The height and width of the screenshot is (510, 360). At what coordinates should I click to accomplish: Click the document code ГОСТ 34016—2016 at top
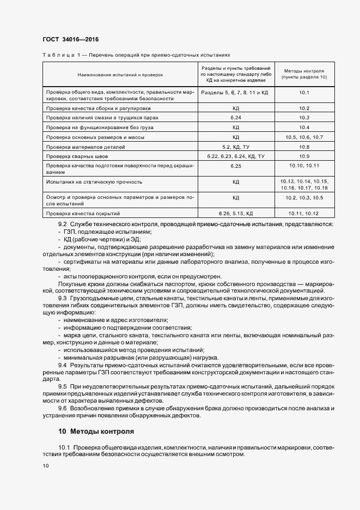point(70,40)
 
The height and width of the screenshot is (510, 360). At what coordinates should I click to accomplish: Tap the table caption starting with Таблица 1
point(136,55)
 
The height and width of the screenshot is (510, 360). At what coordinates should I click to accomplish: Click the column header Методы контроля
point(304,74)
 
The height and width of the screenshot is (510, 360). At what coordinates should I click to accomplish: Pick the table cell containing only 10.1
point(304,93)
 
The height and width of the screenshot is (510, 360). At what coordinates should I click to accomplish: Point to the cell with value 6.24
point(236,118)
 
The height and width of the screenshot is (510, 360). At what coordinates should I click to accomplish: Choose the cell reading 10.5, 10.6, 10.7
point(304,137)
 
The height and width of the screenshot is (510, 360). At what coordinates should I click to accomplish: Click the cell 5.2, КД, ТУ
point(236,147)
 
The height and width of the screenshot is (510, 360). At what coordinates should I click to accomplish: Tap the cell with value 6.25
point(236,165)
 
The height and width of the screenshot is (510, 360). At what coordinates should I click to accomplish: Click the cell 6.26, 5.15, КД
point(236,213)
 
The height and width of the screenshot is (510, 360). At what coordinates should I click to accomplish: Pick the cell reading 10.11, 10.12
point(304,213)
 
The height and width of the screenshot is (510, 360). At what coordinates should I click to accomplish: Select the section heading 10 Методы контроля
point(96,430)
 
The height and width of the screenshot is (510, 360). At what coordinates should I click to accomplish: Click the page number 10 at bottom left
point(46,466)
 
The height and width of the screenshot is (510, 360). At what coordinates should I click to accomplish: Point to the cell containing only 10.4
point(304,127)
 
